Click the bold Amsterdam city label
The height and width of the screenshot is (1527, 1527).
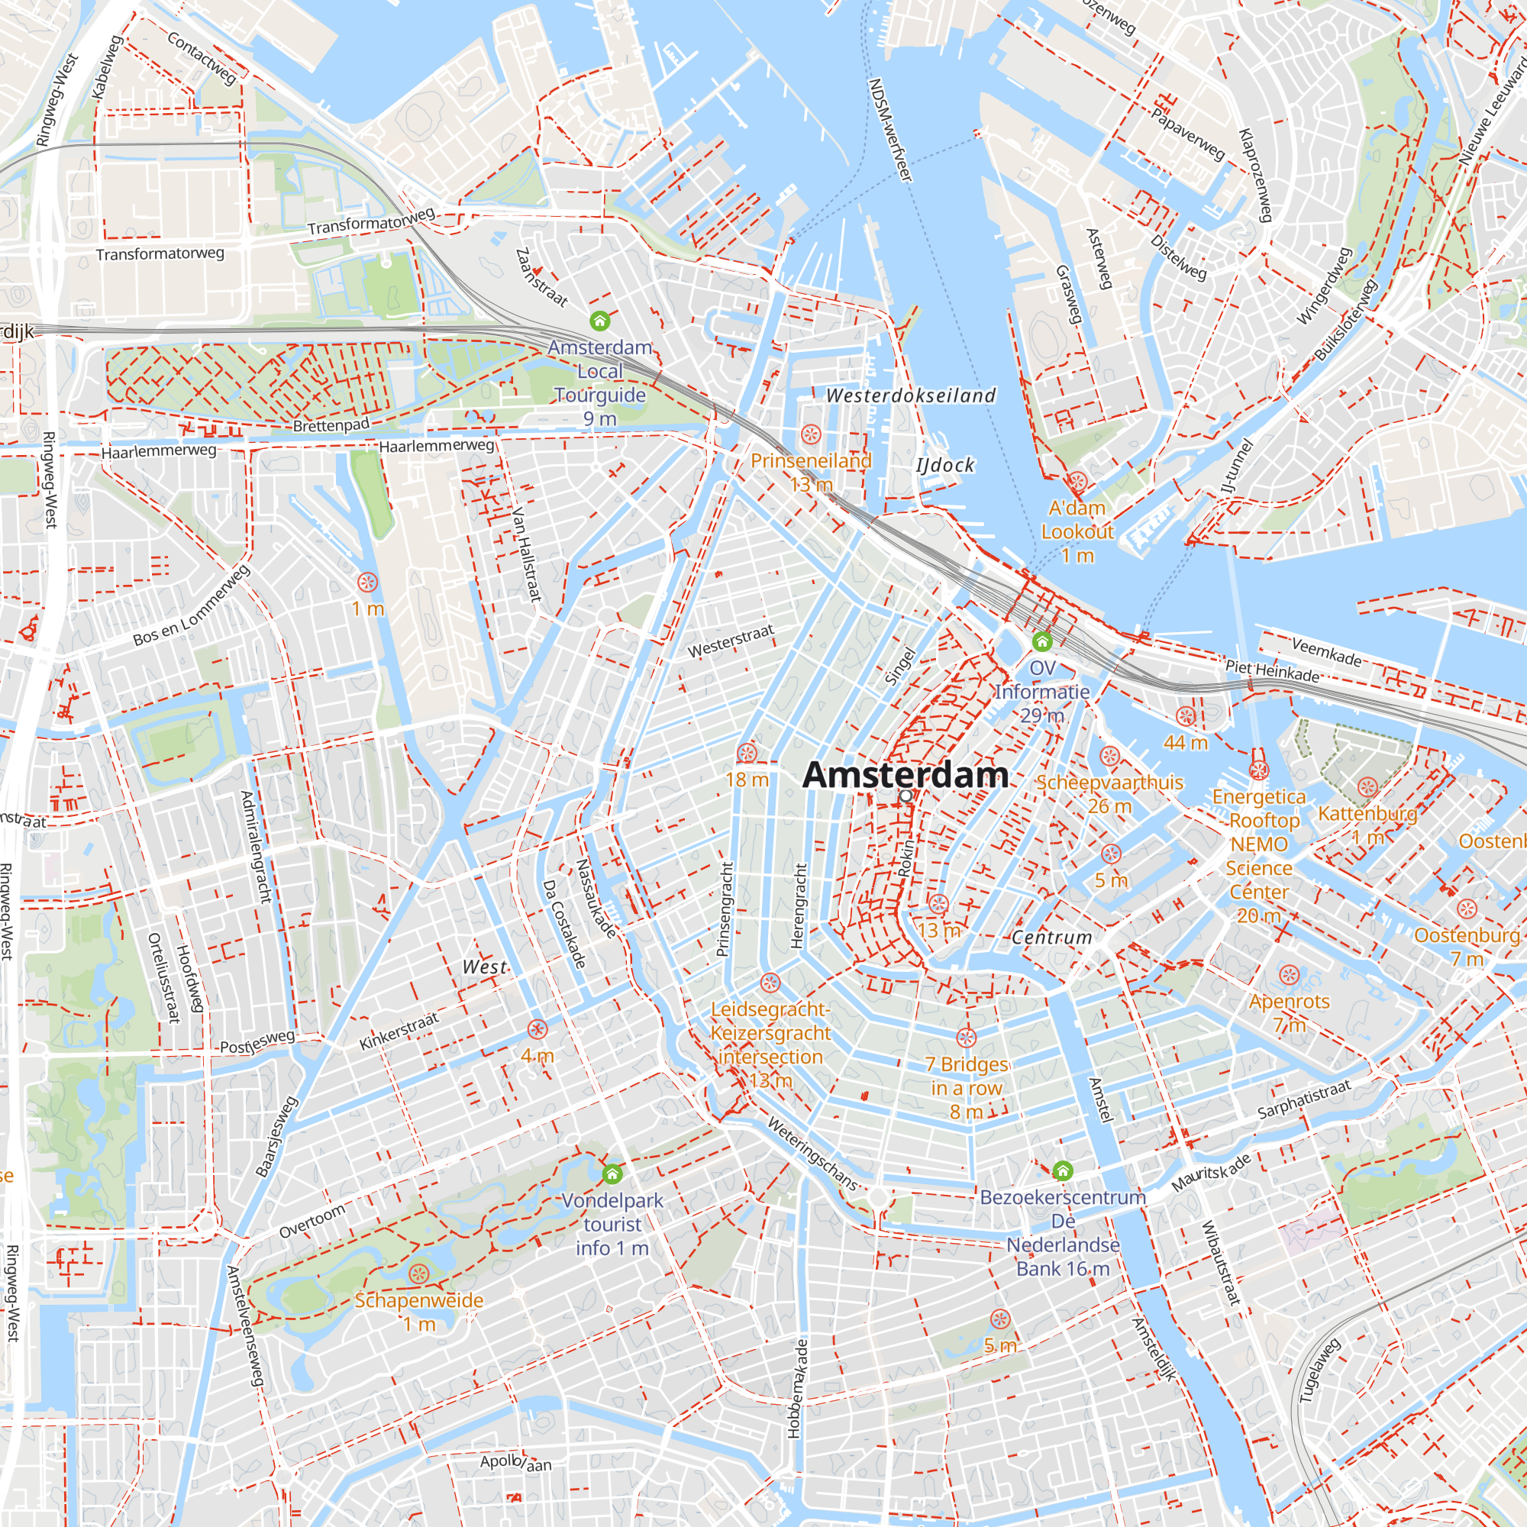coord(905,774)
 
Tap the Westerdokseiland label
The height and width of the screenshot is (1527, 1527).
coord(911,395)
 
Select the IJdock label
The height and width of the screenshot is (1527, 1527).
coord(945,465)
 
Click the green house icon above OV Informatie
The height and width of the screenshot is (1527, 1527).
coord(1042,641)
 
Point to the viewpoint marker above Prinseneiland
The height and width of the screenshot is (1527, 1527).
coord(810,434)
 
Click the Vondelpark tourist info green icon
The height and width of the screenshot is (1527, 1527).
coord(612,1174)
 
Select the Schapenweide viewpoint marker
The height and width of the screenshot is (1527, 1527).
coord(419,1274)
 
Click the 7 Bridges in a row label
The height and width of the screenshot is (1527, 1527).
coord(967,1087)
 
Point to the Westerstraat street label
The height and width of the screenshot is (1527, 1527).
coord(731,641)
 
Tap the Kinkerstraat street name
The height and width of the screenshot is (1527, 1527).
coord(399,1031)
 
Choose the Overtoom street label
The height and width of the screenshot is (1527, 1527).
coord(312,1221)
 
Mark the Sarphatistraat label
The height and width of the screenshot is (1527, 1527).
coord(1304,1099)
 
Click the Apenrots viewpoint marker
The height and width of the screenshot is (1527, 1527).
coord(1289,975)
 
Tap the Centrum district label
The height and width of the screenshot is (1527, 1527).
coord(1052,938)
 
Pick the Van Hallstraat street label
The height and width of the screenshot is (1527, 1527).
coord(526,554)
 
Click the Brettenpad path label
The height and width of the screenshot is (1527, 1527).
coord(331,425)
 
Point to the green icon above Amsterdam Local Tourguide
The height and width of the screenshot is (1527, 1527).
coord(600,321)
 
